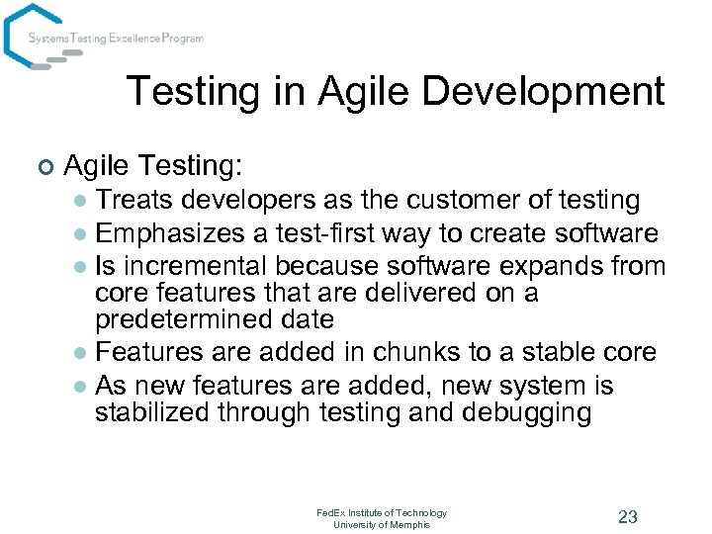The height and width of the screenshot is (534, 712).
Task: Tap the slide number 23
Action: tap(627, 516)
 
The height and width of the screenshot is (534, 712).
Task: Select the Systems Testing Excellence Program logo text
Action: tap(116, 39)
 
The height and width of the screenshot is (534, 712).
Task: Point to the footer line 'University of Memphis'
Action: tap(382, 525)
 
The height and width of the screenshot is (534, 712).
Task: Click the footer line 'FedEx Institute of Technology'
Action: tap(382, 512)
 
